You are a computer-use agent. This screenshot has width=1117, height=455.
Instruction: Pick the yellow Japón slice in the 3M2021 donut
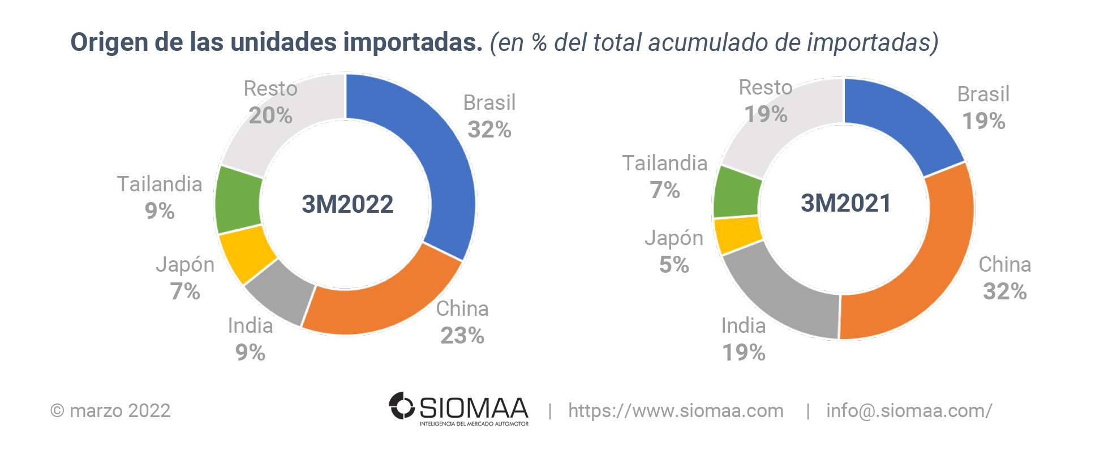pos(737,234)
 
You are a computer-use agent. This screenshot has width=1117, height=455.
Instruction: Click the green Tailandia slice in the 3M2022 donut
pos(238,200)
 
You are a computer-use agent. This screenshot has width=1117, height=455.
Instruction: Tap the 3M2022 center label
pos(347,204)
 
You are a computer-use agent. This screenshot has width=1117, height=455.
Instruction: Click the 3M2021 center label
pos(846,203)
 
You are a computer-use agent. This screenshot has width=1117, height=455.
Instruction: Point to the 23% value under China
pos(462,336)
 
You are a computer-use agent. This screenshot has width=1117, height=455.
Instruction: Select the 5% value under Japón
pos(674,265)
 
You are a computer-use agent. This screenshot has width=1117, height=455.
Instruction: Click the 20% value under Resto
pos(270,115)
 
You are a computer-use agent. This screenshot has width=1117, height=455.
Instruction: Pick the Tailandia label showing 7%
pos(665,164)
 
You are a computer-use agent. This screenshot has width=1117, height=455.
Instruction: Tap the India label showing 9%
pos(250,326)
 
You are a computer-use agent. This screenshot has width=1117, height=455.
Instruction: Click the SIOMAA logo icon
pos(402,406)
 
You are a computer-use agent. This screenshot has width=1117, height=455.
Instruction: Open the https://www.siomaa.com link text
pos(676,411)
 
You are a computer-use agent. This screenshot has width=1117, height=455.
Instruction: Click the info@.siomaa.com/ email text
pos(909,411)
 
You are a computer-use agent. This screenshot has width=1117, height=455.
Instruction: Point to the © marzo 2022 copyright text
pos(111,411)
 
